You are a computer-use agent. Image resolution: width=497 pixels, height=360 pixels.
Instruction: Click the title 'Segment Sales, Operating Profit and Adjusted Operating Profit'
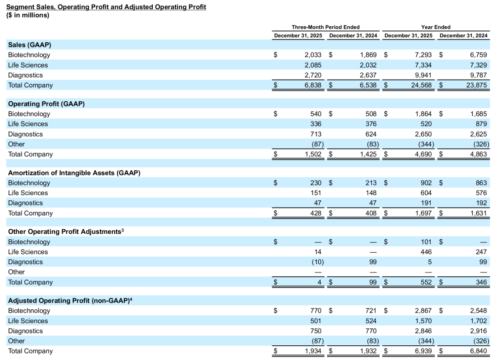point(106,7)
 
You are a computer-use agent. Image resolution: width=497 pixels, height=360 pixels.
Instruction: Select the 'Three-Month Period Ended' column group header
point(325,27)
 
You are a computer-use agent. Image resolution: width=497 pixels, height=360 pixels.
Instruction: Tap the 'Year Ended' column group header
point(436,27)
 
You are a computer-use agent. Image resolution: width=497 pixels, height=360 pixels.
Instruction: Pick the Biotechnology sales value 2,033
point(313,55)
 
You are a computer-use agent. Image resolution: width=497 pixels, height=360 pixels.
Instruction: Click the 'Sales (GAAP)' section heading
point(29,45)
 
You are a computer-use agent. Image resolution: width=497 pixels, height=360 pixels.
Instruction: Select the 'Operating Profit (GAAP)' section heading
point(46,104)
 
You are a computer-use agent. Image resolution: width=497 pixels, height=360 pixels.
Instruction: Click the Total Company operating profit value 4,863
point(479,154)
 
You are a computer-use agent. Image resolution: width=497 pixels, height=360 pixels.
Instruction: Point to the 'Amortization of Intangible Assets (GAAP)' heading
point(74,173)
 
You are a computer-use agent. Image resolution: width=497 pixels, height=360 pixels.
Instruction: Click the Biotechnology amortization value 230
point(316,183)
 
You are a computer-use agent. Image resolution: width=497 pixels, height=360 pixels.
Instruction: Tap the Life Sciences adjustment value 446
point(426,252)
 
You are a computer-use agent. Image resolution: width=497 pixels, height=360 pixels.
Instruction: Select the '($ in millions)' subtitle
point(28,15)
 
